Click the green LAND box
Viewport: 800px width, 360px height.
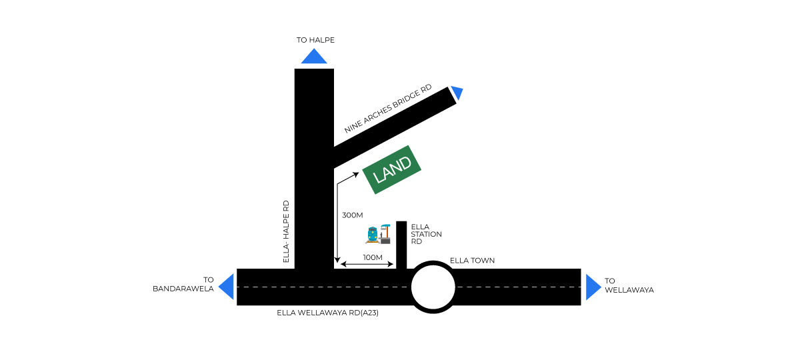[x=392, y=169]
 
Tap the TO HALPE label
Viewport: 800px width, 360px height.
[x=315, y=40]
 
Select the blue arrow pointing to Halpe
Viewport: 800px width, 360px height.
[x=314, y=57]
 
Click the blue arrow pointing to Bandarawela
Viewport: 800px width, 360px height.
[x=227, y=287]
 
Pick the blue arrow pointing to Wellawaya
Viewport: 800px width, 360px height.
[x=593, y=287]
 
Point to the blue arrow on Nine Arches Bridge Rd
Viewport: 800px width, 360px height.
[x=457, y=93]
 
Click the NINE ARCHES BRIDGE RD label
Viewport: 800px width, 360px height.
[x=388, y=109]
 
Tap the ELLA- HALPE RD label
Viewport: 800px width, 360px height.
[x=286, y=231]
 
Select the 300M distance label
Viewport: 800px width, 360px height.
[x=352, y=215]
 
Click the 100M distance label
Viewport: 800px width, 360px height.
[x=373, y=257]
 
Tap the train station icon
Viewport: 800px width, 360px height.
[x=377, y=234]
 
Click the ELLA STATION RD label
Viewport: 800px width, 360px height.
[x=426, y=234]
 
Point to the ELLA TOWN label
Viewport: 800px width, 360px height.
[x=472, y=260]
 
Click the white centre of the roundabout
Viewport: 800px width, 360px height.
[x=433, y=287]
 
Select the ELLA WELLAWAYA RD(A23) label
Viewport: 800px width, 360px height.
[x=327, y=312]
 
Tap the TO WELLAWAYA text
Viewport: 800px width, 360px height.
[x=629, y=285]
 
